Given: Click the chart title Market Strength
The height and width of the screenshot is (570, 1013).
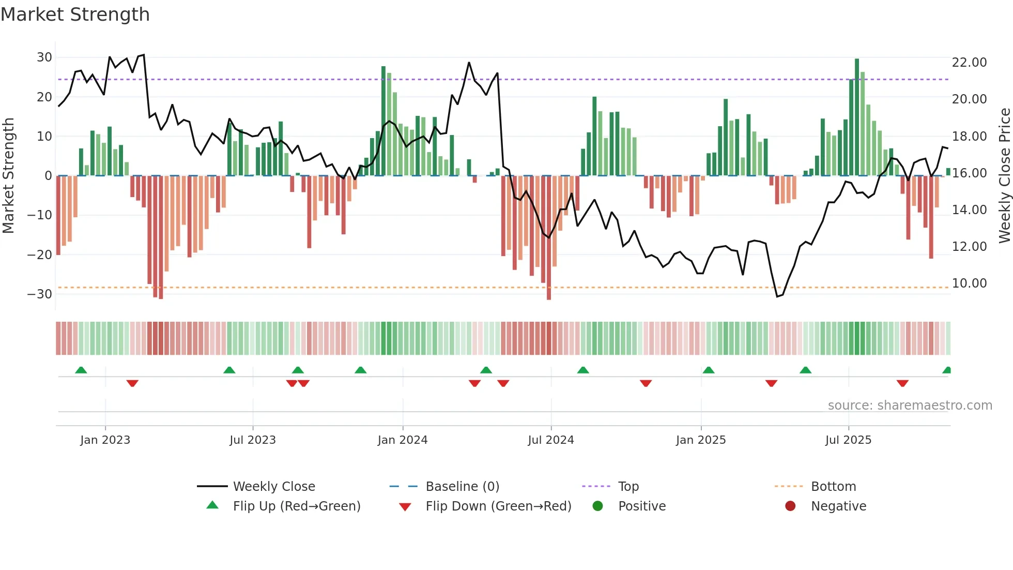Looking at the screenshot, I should pyautogui.click(x=75, y=14).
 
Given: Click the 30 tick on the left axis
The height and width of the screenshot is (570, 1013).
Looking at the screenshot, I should pyautogui.click(x=44, y=57).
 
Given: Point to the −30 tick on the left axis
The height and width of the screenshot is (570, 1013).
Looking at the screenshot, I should pyautogui.click(x=40, y=294).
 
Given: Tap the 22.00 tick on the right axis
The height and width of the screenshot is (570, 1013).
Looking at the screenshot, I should pyautogui.click(x=969, y=63).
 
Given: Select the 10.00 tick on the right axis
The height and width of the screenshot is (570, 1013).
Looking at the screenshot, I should pyautogui.click(x=969, y=283).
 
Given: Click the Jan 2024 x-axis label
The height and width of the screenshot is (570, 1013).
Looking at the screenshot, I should pyautogui.click(x=403, y=440).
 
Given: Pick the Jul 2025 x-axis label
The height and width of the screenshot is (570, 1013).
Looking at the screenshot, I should pyautogui.click(x=848, y=440).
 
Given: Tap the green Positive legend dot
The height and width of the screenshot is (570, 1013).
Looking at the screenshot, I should pyautogui.click(x=598, y=506).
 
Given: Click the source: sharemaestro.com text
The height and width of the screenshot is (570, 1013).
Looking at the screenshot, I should pyautogui.click(x=910, y=406).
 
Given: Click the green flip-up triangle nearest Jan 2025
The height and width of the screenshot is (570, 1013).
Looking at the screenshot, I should pyautogui.click(x=709, y=370).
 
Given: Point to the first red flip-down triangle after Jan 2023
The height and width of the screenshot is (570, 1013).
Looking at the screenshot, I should pyautogui.click(x=132, y=383).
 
